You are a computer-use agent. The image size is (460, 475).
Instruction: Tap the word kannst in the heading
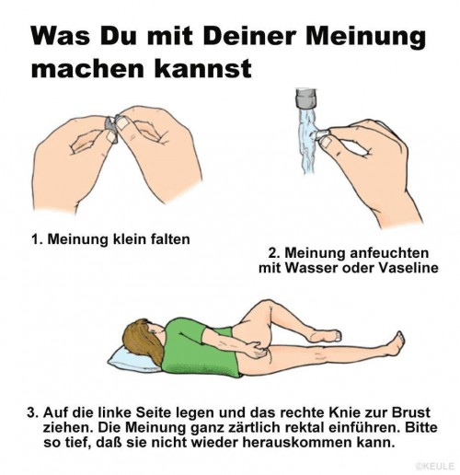click(202, 69)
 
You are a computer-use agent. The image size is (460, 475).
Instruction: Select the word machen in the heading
click(87, 69)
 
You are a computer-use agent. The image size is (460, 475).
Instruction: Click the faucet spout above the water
click(306, 98)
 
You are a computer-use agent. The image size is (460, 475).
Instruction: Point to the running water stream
click(307, 141)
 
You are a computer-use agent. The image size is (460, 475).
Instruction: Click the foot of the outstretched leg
click(397, 343)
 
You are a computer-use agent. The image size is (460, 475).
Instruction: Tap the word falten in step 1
click(170, 239)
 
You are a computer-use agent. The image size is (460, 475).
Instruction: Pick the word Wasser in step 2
click(312, 268)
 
